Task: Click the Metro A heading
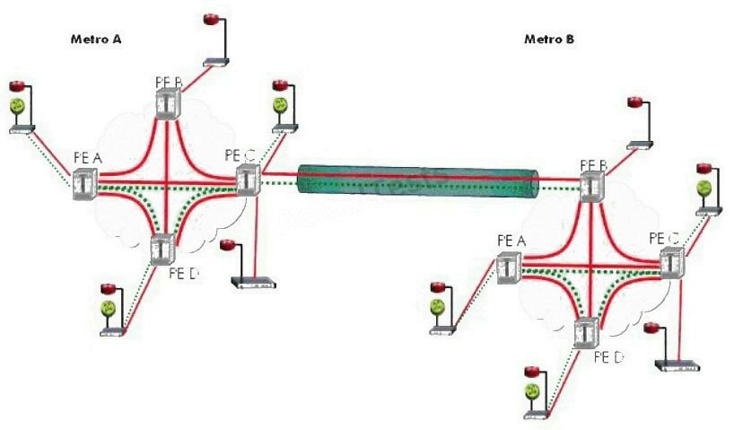click(96, 40)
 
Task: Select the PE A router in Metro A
click(85, 182)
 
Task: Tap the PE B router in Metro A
click(168, 103)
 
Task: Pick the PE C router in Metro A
click(249, 180)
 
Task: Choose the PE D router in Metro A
click(162, 248)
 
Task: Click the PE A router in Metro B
click(509, 267)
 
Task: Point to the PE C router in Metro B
click(671, 263)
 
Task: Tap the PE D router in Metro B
click(587, 333)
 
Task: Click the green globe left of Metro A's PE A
click(18, 107)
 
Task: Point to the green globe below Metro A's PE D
click(109, 309)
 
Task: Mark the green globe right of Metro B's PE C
click(705, 189)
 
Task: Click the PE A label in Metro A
click(87, 159)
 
